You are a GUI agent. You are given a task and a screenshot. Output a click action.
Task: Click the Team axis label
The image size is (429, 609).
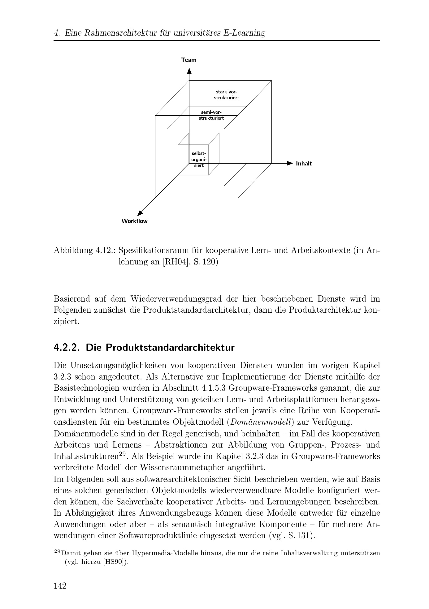[x=189, y=60]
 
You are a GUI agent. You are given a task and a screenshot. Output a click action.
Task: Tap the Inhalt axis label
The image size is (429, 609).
[x=304, y=164]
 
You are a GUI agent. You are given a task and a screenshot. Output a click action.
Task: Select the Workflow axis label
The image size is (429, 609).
[x=134, y=221]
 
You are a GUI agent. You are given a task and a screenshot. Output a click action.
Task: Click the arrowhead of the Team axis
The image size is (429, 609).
[x=189, y=71]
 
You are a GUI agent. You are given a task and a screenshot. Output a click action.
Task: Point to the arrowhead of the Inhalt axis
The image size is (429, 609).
[x=290, y=163]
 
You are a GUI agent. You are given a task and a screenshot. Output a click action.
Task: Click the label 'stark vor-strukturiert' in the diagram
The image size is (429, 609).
[x=227, y=95]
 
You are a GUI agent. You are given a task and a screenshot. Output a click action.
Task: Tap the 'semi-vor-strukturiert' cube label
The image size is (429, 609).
[x=211, y=115]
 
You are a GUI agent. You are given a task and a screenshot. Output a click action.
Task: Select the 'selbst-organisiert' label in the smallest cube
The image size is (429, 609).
[x=199, y=159]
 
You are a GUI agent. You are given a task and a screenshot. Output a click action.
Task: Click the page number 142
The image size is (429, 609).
[x=60, y=586]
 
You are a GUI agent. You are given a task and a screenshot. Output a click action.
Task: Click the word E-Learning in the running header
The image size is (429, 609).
[x=245, y=33]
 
